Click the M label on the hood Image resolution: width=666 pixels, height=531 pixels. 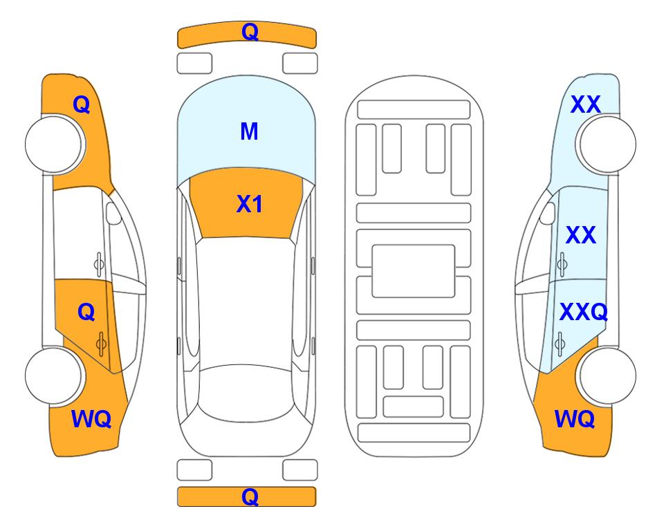click(x=250, y=131)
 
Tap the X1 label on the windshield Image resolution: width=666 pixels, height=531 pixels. click(x=250, y=204)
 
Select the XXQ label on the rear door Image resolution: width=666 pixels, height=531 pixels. click(x=584, y=312)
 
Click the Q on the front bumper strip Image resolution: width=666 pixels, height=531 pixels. click(x=250, y=32)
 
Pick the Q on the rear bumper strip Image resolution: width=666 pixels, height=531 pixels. click(x=250, y=496)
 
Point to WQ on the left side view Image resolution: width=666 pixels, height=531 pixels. click(x=91, y=419)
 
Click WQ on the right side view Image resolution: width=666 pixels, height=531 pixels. click(x=575, y=419)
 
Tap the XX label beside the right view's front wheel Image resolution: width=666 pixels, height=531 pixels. click(x=586, y=104)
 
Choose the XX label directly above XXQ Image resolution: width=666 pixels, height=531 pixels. click(x=581, y=235)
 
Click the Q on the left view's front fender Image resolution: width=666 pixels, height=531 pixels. click(x=82, y=104)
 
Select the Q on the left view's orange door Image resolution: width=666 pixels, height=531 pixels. click(x=86, y=313)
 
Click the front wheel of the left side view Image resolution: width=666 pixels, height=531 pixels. click(x=55, y=145)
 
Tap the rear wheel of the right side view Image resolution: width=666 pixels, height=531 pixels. click(x=606, y=376)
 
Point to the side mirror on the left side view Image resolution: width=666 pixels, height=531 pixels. click(x=113, y=213)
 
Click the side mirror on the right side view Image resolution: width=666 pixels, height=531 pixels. click(x=548, y=213)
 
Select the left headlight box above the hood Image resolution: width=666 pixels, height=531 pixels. click(x=194, y=64)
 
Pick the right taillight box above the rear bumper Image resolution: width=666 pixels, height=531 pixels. click(x=300, y=470)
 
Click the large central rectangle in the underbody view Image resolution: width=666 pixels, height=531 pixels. click(x=414, y=271)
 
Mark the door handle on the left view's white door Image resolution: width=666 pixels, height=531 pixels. click(x=99, y=264)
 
